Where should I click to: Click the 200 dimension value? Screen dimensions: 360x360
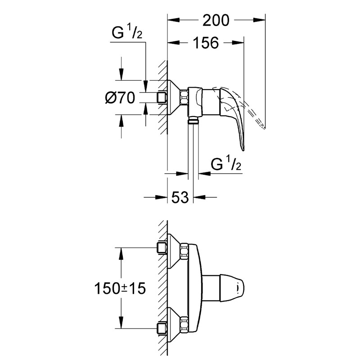click(216, 20)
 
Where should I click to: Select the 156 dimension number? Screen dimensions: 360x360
click(206, 43)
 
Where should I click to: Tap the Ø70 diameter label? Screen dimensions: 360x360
click(120, 98)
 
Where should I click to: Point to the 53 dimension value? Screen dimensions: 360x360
click(180, 197)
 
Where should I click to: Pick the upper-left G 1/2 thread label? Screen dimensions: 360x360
click(127, 31)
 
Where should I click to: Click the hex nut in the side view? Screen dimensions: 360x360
click(184, 98)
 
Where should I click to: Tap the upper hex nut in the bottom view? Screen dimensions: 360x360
click(184, 252)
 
